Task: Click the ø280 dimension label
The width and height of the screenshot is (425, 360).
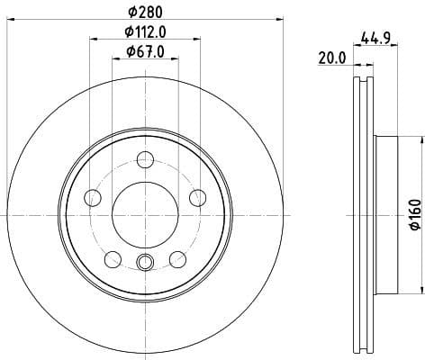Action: [x=144, y=12]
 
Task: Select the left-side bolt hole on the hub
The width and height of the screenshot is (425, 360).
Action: [x=92, y=198]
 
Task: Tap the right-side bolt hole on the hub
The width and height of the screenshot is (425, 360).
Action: [x=196, y=198]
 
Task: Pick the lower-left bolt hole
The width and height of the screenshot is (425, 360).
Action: [x=112, y=259]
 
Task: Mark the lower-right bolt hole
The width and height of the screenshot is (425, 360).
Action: [x=176, y=259]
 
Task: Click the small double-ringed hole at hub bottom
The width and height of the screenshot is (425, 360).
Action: [x=144, y=264]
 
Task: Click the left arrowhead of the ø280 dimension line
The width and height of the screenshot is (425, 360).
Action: [x=8, y=20]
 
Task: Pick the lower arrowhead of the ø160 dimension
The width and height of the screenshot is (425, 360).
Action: [x=420, y=290]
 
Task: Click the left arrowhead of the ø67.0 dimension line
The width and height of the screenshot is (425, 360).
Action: [x=115, y=59]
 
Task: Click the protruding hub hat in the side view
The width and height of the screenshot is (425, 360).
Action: [x=385, y=215]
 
